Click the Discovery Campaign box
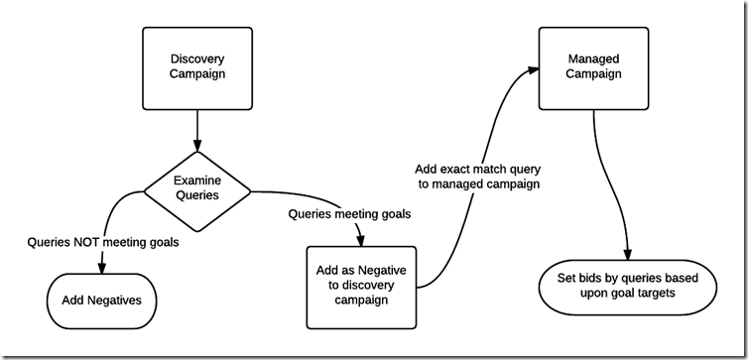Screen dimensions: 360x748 [196, 67]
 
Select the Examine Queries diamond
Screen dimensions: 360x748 [196, 188]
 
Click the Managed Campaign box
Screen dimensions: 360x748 [593, 67]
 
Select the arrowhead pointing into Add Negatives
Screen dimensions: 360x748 [103, 264]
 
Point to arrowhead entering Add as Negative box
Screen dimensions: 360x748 [361, 242]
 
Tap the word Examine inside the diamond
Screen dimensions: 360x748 [196, 180]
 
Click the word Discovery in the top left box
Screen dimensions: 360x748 [196, 60]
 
